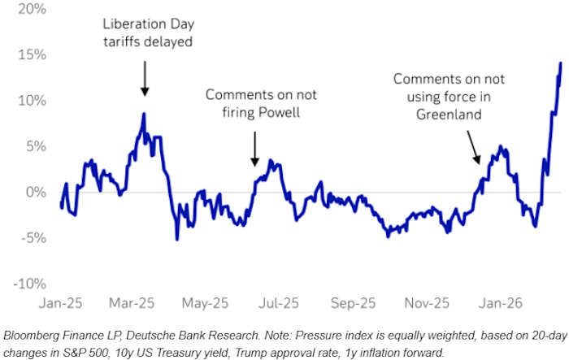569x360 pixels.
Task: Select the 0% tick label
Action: coord(24,193)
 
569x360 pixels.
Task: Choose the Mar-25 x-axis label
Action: coord(132,303)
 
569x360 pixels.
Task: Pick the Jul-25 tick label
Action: coord(278,303)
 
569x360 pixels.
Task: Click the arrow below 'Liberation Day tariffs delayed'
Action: coord(144,79)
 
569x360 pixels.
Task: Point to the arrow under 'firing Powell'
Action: coord(254,148)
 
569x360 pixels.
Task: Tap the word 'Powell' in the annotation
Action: coord(279,113)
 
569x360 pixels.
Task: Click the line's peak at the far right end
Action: coord(561,63)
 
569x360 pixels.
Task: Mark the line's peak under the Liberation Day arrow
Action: coord(144,114)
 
